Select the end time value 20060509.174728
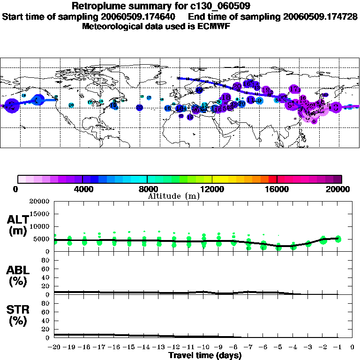coord(320,16)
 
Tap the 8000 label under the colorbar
coord(147,189)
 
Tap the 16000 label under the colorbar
coord(277,189)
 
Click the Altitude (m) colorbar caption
coord(173,196)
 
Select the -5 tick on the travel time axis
coord(277,347)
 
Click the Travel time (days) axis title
coord(205,355)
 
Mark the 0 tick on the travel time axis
coord(353,347)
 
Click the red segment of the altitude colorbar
coord(272,179)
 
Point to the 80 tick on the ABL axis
coord(47,260)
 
